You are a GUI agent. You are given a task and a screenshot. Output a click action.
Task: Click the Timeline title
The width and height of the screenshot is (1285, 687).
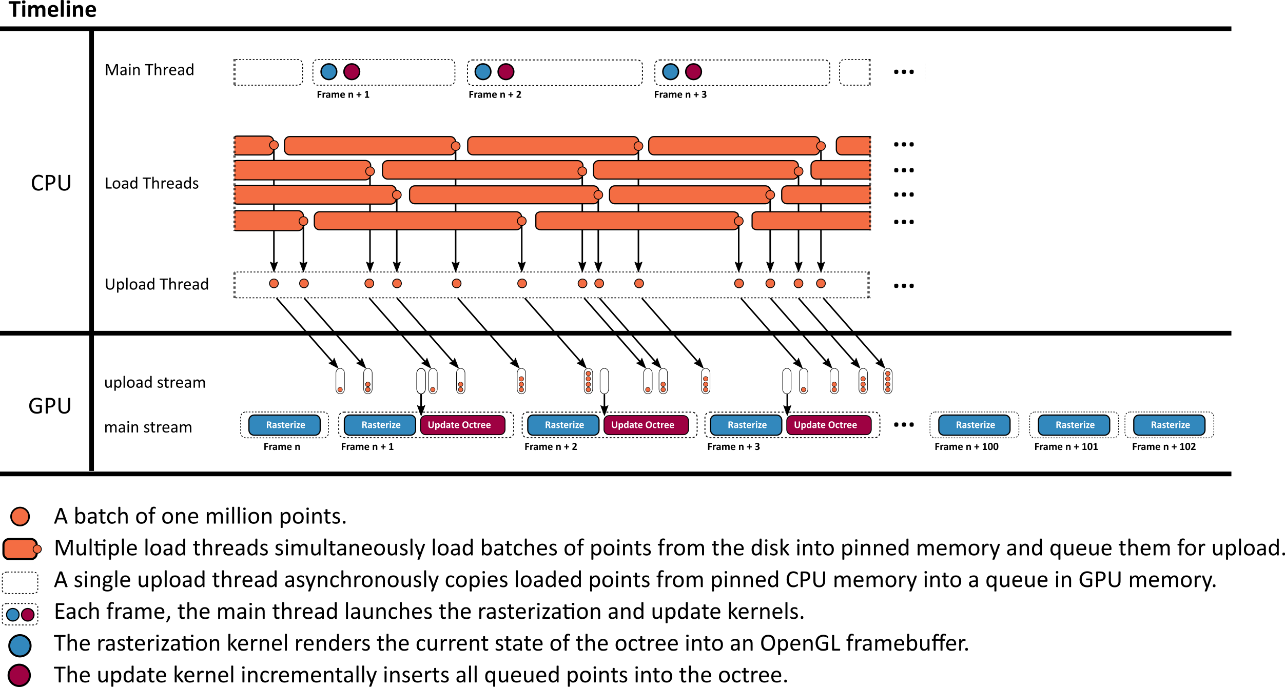click(x=52, y=10)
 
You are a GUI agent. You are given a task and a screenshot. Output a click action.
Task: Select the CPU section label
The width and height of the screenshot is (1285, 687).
click(x=51, y=183)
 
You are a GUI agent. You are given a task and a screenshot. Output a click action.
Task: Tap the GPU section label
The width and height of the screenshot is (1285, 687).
click(x=50, y=406)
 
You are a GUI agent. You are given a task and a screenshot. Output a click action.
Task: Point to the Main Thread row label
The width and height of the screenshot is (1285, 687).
click(x=149, y=70)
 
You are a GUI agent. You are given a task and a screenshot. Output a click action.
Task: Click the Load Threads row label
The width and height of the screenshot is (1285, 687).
click(x=151, y=183)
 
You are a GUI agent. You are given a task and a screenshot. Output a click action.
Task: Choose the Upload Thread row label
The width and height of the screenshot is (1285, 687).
click(x=157, y=284)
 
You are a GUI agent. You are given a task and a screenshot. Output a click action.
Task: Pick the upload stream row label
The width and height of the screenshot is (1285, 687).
click(x=154, y=382)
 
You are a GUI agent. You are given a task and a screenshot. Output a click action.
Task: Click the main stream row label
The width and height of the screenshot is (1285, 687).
click(x=148, y=427)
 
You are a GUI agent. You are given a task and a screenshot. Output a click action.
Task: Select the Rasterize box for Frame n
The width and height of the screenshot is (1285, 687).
click(x=285, y=425)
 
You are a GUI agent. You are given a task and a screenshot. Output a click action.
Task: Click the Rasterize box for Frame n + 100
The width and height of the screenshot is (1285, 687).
click(x=975, y=425)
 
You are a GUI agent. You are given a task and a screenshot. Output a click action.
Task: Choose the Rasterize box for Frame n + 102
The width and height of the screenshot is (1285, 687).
click(x=1170, y=425)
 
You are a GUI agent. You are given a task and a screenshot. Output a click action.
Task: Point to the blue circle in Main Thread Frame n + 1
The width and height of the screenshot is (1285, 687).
click(x=328, y=72)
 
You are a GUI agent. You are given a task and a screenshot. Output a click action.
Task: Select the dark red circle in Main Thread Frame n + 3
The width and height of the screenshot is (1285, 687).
click(x=693, y=72)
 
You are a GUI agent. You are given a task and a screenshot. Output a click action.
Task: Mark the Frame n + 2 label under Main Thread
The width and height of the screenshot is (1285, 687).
click(x=495, y=94)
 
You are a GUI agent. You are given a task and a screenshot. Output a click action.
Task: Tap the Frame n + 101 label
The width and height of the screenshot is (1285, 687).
click(x=1066, y=447)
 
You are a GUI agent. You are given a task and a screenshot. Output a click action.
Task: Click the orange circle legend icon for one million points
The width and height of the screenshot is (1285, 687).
click(x=20, y=516)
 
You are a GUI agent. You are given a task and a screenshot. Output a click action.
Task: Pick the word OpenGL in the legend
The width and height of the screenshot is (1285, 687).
click(x=800, y=643)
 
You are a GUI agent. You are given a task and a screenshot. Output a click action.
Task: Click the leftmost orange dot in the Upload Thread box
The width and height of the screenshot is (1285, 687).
click(x=274, y=283)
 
